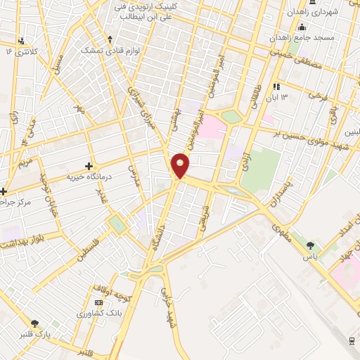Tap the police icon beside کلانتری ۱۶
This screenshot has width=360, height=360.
[22, 40]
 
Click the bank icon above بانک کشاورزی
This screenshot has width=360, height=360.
[98, 302]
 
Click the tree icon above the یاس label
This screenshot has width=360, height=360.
[311, 245]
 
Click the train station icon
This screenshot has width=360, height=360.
[352, 340]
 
